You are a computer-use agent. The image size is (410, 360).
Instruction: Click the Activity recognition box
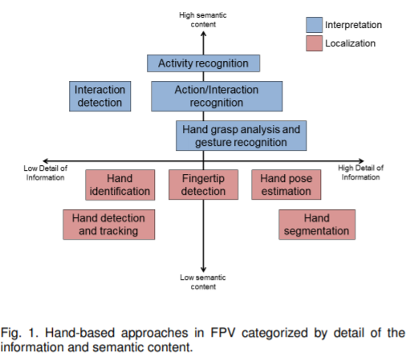coord(203,63)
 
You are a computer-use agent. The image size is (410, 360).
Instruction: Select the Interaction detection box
coord(100,96)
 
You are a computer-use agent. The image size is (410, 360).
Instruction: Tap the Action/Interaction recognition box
coord(217,96)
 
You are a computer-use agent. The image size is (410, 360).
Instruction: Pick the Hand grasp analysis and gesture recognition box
coord(242,136)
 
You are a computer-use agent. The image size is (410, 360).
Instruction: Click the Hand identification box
coord(120,184)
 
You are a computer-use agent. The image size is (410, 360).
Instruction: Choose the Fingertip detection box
coord(203,184)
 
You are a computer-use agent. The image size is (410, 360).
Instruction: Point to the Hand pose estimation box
coord(286,184)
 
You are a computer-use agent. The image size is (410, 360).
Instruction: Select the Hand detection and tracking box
coord(109,224)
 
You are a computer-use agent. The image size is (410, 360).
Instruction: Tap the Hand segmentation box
coord(317,224)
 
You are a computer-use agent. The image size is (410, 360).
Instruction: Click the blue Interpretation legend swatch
coord(315,25)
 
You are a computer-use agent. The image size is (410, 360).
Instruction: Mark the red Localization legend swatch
coord(315,43)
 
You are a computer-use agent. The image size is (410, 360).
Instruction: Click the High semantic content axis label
coord(203,20)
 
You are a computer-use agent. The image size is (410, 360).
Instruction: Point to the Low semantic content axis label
coord(203,282)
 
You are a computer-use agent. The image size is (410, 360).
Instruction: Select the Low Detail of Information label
coord(46,173)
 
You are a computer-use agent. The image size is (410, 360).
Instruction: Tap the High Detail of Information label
coord(361,172)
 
